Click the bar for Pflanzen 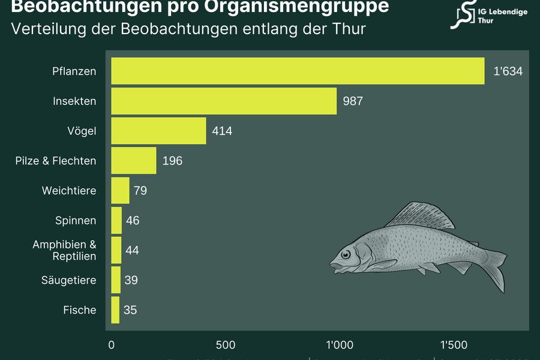(x=298, y=71)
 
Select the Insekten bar (x=224, y=101)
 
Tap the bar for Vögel (x=158, y=131)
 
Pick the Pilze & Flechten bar (x=134, y=161)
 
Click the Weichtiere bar (x=120, y=191)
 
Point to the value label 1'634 (x=508, y=71)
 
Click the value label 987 (x=353, y=101)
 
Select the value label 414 (x=221, y=131)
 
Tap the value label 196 (x=172, y=161)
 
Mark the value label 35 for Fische (x=130, y=310)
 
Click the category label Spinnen (x=76, y=221)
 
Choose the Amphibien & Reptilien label (x=64, y=250)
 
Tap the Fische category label (x=80, y=310)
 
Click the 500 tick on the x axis (x=226, y=345)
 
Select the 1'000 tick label (x=339, y=345)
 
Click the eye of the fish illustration (x=346, y=255)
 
